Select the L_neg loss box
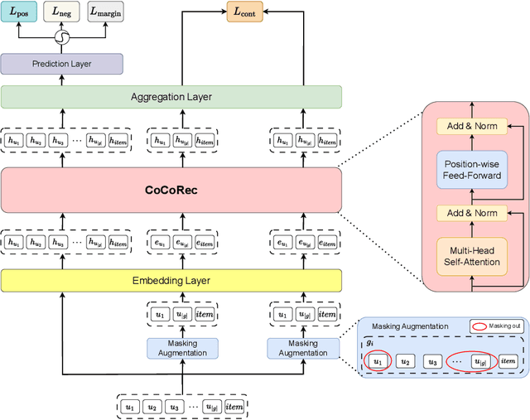coord(61,12)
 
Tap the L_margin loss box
coord(104,12)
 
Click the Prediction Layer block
coord(61,64)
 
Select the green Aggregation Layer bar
coord(171,97)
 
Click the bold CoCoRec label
coord(171,190)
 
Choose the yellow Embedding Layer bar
coord(171,281)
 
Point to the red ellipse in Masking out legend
coord(480,326)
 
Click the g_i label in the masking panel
coord(370,342)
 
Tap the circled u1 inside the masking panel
coord(378,361)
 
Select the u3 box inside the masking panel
coord(431,361)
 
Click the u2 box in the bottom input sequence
coord(150,407)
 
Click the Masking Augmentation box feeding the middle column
coord(182,348)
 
